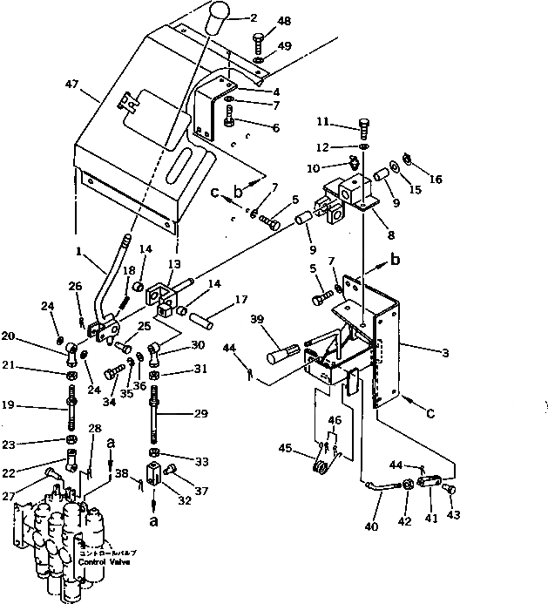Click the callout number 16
coord(436,179)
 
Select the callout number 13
coord(175,264)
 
